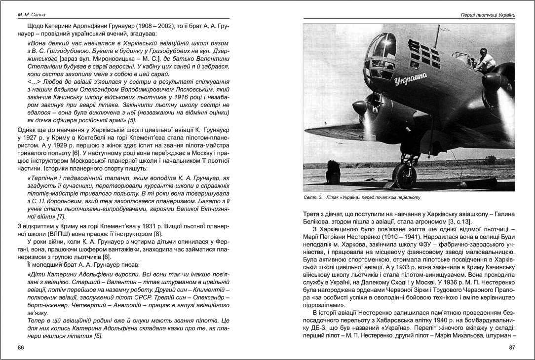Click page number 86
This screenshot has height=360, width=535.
[21, 348]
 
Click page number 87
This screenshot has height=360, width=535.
[512, 348]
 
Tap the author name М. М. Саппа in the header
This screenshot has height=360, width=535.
[28, 15]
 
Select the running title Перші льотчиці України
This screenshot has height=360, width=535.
[487, 15]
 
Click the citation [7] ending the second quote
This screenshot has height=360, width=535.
[61, 216]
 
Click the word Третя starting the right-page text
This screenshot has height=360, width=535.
[312, 214]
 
